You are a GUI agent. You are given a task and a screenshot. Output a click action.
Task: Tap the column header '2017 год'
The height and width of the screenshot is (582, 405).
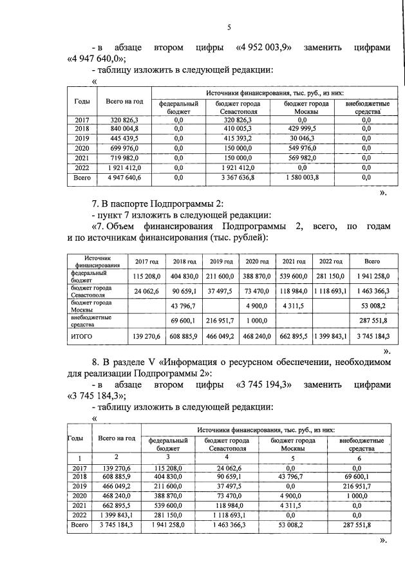coord(146,261)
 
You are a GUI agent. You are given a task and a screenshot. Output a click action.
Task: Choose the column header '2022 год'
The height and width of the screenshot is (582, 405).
coord(330,261)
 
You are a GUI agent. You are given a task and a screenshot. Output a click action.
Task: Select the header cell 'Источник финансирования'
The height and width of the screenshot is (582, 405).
coord(97,261)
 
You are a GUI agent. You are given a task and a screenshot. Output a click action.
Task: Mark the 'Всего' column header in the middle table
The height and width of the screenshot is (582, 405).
coord(372,261)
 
